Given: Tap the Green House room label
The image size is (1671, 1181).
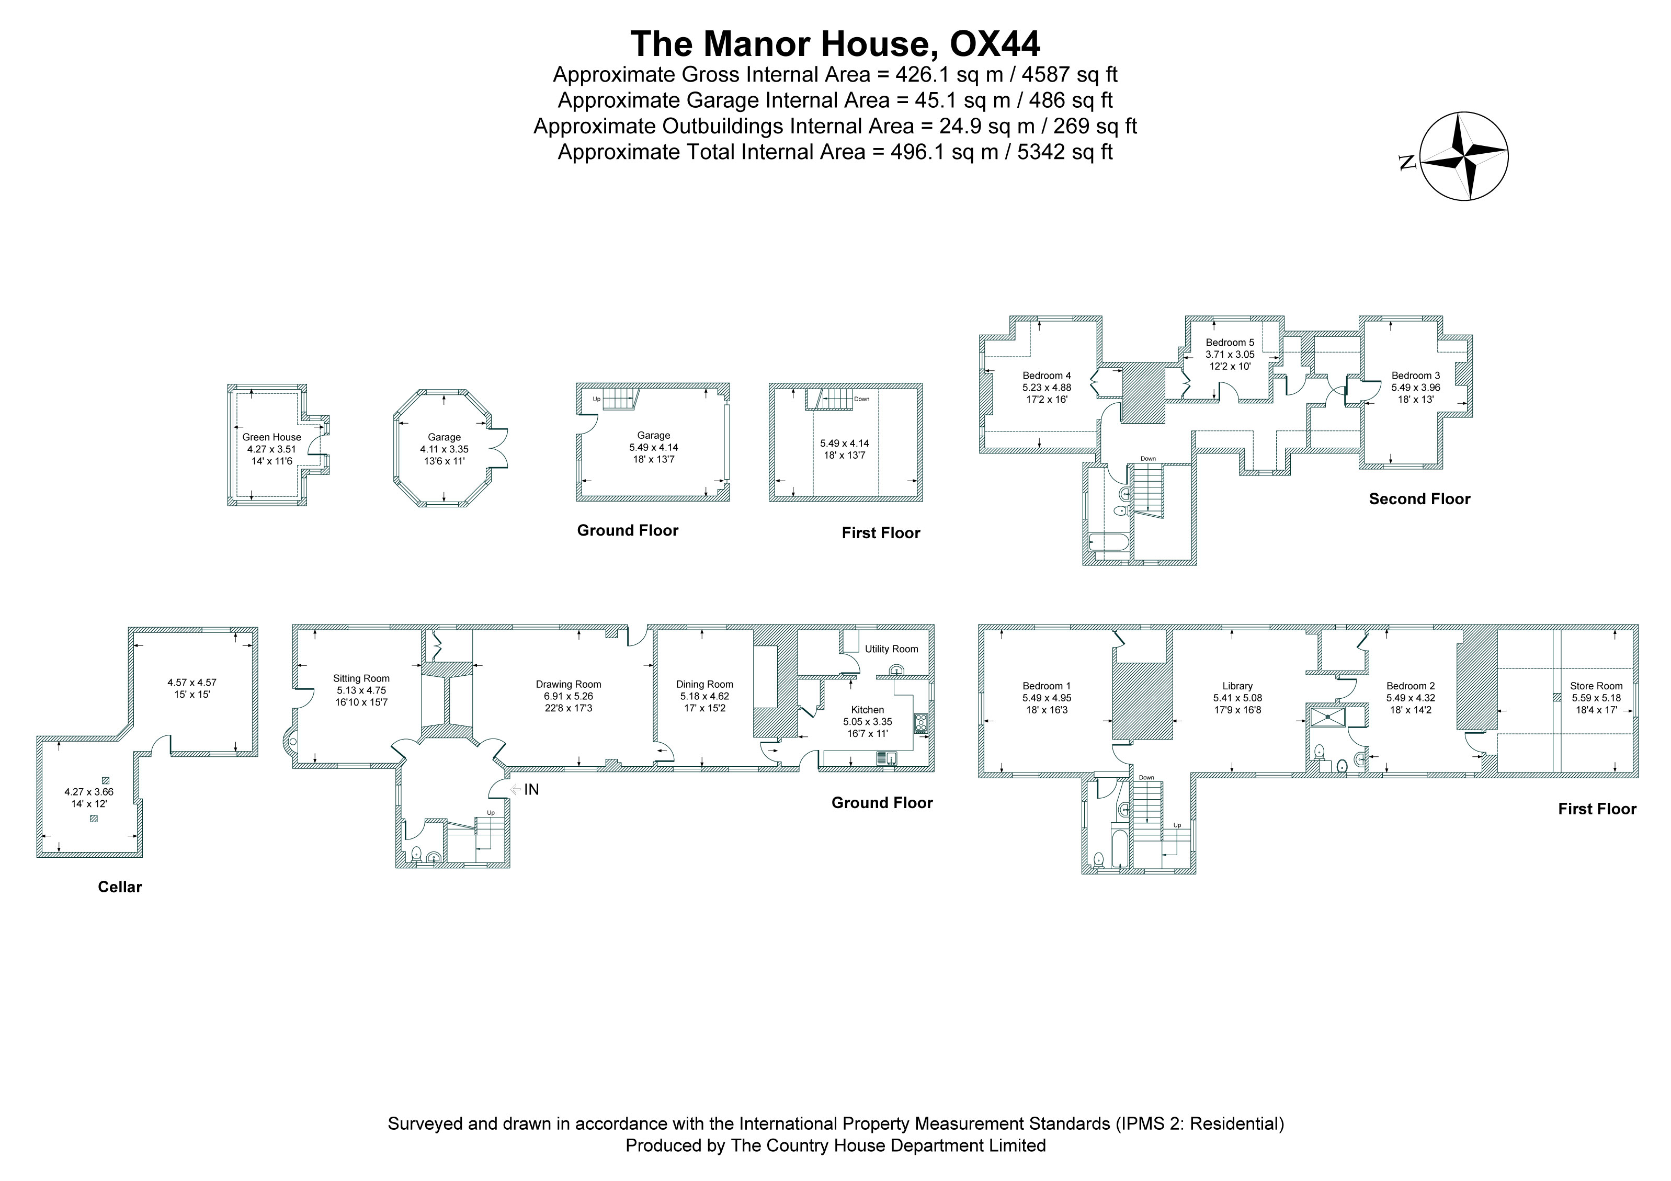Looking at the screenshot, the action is pyautogui.click(x=271, y=437).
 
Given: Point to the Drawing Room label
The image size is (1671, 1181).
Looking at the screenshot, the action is pyautogui.click(x=569, y=684).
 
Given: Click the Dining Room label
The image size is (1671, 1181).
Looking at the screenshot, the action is pyautogui.click(x=704, y=684).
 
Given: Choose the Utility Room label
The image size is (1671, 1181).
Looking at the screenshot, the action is pyautogui.click(x=892, y=649).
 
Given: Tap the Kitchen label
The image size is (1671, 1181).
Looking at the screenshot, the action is pyautogui.click(x=868, y=709).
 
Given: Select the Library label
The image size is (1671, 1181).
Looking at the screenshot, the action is pyautogui.click(x=1237, y=686).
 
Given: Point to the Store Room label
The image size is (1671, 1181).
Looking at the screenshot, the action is pyautogui.click(x=1596, y=686).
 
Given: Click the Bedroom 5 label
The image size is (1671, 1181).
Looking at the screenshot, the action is pyautogui.click(x=1230, y=343).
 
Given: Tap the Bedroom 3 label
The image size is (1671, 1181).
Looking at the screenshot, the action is pyautogui.click(x=1416, y=376).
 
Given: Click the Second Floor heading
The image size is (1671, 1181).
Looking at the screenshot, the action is pyautogui.click(x=1419, y=499).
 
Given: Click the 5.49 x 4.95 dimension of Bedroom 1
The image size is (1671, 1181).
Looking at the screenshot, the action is pyautogui.click(x=1047, y=698).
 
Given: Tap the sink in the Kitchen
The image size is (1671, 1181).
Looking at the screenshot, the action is pyautogui.click(x=887, y=758).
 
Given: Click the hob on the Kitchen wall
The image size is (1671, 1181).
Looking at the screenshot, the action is pyautogui.click(x=922, y=723).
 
